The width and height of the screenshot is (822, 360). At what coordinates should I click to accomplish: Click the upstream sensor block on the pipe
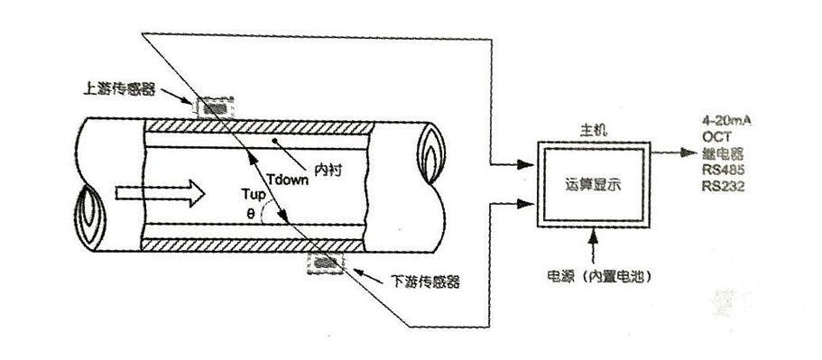coord(214,106)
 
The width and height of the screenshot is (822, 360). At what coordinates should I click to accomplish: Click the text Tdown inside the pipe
coord(290,178)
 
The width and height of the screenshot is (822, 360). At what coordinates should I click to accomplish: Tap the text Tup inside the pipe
coord(256,195)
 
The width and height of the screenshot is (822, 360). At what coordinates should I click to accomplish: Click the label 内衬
coord(325,170)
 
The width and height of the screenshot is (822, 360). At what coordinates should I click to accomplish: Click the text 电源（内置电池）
coord(597,273)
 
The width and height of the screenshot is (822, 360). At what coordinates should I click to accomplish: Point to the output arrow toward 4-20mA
coord(672,152)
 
